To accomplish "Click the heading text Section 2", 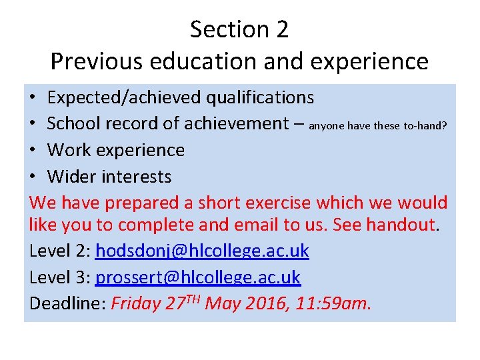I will pos(239,30).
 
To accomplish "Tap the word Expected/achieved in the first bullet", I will pos(124,98).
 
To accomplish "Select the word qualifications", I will pos(259,98).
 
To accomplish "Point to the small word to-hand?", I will pos(425,125).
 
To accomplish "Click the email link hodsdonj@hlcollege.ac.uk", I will pos(202,251).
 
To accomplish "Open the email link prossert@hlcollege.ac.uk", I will pos(198,277).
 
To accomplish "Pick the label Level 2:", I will pos(60,251).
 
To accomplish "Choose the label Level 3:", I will pos(60,277).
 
